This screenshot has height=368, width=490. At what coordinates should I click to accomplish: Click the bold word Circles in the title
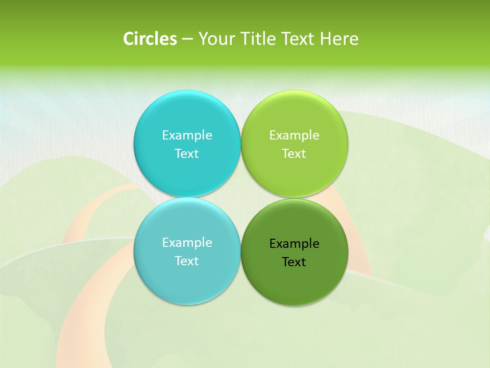150,39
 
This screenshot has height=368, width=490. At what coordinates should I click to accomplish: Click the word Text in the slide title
298,39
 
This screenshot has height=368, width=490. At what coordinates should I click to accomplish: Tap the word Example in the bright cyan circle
187,135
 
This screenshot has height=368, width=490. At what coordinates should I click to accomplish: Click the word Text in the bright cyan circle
187,153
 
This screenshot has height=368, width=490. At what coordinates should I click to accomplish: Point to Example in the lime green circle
294,135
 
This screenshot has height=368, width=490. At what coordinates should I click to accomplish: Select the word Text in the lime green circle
294,153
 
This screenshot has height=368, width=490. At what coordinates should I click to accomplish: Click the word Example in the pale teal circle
187,242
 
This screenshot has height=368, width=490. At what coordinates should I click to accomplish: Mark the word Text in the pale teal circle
187,261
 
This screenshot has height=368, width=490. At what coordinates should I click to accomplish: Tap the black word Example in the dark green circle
294,243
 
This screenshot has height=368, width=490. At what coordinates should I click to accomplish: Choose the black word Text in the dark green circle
294,262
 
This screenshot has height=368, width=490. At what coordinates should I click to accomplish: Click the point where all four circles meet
241,198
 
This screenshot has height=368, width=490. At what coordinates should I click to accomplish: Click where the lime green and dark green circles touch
295,198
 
